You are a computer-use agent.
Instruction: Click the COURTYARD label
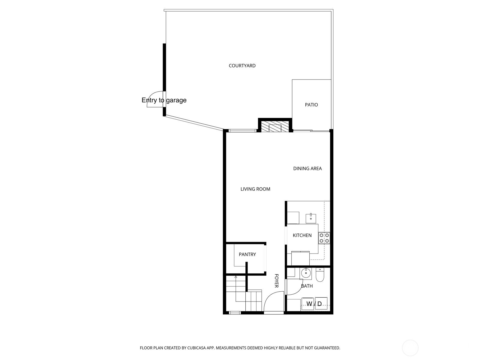click(242, 66)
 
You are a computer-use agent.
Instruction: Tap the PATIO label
click(311, 105)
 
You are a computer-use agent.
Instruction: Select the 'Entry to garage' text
click(164, 100)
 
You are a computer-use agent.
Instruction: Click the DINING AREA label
click(307, 168)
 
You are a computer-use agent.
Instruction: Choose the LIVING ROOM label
click(255, 189)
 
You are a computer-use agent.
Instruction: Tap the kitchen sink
click(311, 218)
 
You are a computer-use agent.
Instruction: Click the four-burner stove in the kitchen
click(324, 238)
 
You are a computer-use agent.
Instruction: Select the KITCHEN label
click(302, 235)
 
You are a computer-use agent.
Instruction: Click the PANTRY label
click(247, 254)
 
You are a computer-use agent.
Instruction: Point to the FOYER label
click(276, 281)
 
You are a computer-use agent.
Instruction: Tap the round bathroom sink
click(306, 273)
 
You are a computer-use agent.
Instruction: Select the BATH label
click(307, 286)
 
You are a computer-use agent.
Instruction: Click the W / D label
click(314, 304)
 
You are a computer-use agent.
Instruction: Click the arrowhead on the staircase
click(236, 277)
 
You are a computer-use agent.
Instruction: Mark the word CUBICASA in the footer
click(196, 348)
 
